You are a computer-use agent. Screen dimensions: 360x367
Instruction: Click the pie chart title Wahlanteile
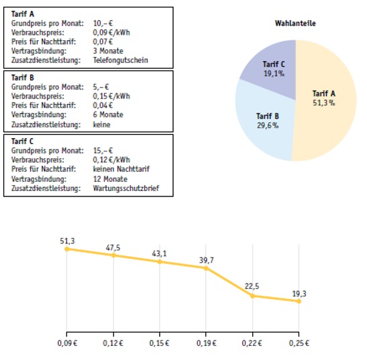(x=295, y=23)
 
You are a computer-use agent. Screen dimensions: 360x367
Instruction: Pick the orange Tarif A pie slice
(x=325, y=101)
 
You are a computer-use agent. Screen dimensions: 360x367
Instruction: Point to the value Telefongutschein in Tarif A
(x=120, y=60)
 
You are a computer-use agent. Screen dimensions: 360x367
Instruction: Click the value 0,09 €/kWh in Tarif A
(x=111, y=32)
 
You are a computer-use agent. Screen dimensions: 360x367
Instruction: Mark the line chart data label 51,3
(x=66, y=240)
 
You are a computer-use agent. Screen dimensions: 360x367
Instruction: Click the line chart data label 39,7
(x=206, y=259)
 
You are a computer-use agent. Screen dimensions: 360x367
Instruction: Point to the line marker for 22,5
(x=252, y=296)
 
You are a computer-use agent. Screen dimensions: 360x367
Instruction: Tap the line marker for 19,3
(x=299, y=301)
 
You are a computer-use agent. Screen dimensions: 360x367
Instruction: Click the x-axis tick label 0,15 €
(x=159, y=343)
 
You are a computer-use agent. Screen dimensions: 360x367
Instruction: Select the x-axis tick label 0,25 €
(x=299, y=343)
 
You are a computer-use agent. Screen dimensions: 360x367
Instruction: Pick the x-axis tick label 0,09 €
(x=66, y=343)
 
